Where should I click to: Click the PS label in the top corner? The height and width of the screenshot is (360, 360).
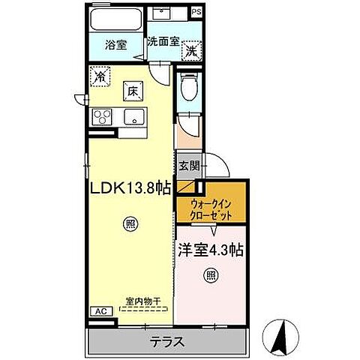click(x=196, y=11)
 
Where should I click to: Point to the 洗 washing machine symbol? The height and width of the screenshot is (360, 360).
click(x=193, y=51)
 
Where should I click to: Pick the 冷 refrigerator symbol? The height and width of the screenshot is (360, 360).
click(x=100, y=76)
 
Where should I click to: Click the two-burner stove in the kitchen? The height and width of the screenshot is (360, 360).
click(x=102, y=118)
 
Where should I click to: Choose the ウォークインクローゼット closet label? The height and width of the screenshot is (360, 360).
click(x=210, y=208)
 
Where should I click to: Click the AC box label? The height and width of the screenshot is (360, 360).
click(x=97, y=310)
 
